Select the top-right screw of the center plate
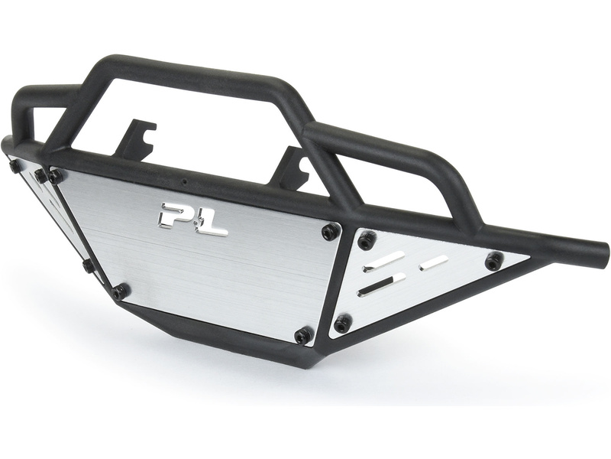[329, 232]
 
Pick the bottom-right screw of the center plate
[302, 336]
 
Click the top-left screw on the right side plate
[367, 239]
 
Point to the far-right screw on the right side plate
[494, 259]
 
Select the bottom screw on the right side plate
[342, 323]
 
